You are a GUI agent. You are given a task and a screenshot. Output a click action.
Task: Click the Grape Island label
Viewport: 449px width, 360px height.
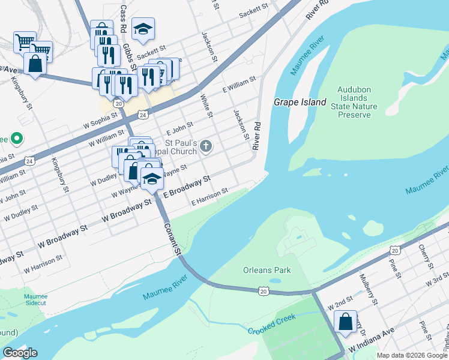click(300, 102)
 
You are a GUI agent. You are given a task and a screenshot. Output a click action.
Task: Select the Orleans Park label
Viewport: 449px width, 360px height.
click(267, 270)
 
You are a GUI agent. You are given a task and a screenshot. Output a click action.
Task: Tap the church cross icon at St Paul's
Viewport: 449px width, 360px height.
click(206, 145)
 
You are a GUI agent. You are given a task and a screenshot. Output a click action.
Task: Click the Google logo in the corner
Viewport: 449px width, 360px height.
click(20, 353)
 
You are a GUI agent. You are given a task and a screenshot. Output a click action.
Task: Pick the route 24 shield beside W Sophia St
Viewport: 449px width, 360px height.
click(142, 114)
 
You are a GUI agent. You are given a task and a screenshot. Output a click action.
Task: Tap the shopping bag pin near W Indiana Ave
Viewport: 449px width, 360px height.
click(346, 322)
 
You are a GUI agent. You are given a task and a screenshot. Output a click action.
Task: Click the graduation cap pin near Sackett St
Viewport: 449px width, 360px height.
click(143, 29)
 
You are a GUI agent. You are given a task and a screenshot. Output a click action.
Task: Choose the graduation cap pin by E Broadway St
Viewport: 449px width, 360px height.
click(152, 178)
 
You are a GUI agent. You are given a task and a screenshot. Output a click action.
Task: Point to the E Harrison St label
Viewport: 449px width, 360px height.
click(209, 197)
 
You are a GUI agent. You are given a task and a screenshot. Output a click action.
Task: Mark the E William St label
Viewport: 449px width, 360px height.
click(239, 83)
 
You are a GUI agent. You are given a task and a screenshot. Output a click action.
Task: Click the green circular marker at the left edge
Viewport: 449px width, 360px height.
click(17, 139)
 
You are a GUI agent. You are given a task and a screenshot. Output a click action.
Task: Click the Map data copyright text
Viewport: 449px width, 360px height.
click(412, 355)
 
